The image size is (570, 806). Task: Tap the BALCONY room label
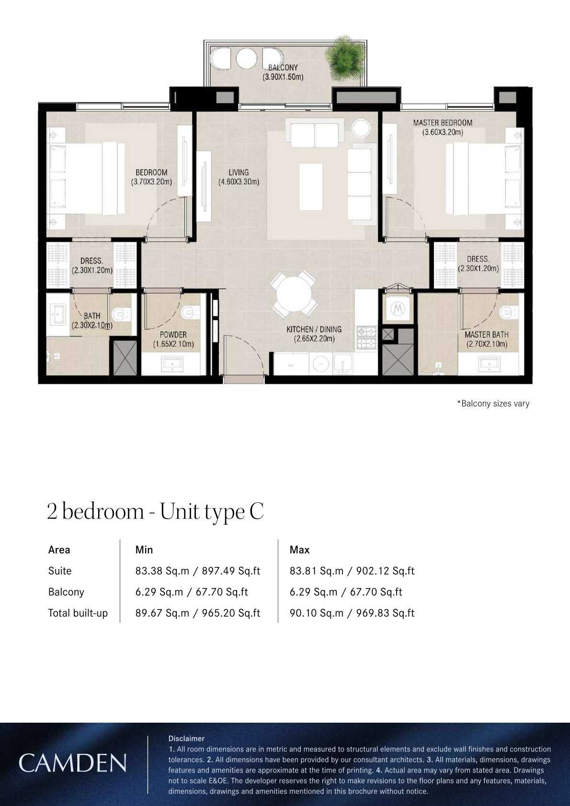click(x=283, y=68)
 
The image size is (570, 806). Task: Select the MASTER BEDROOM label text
click(x=443, y=123)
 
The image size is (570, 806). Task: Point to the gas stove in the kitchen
click(x=366, y=338)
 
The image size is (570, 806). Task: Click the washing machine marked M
click(x=398, y=308)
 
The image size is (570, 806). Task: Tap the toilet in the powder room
click(x=191, y=312)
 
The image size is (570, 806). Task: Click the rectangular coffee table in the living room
click(x=311, y=187)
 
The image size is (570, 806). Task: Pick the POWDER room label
click(x=173, y=335)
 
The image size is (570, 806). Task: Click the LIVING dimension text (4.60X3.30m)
click(x=239, y=182)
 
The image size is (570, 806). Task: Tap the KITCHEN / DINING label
click(x=314, y=329)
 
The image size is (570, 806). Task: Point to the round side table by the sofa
click(x=361, y=128)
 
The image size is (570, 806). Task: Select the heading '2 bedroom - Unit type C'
click(x=156, y=511)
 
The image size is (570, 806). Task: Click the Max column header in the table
click(x=299, y=550)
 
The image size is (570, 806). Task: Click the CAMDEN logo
click(x=72, y=763)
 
